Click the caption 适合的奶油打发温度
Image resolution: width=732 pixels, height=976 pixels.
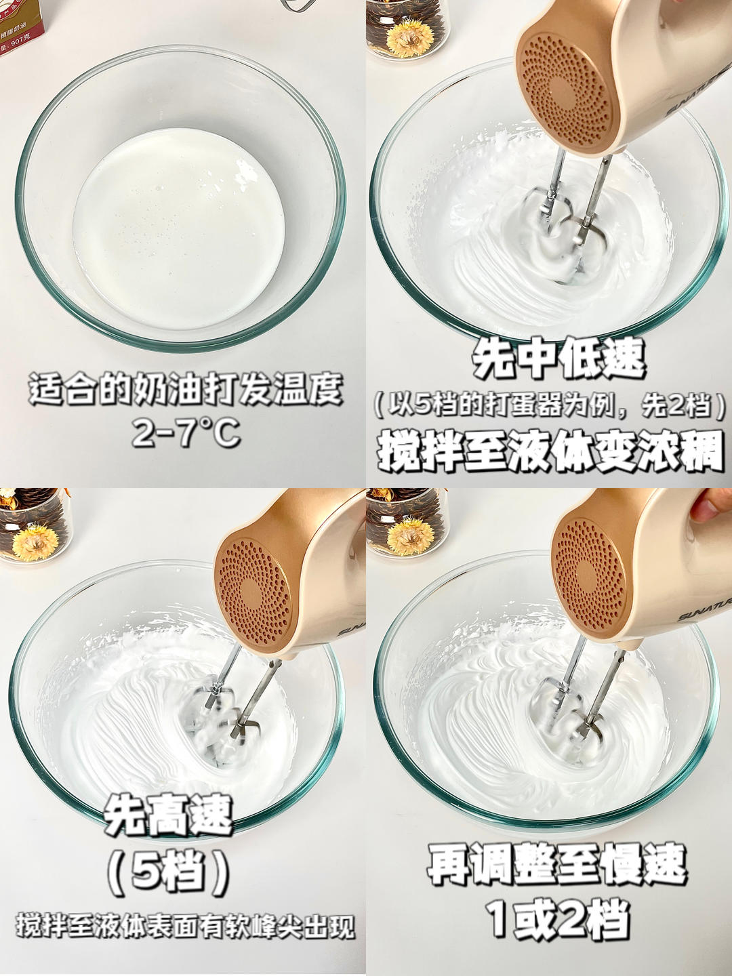(186, 389)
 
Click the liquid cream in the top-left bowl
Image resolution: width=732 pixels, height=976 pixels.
(179, 228)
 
